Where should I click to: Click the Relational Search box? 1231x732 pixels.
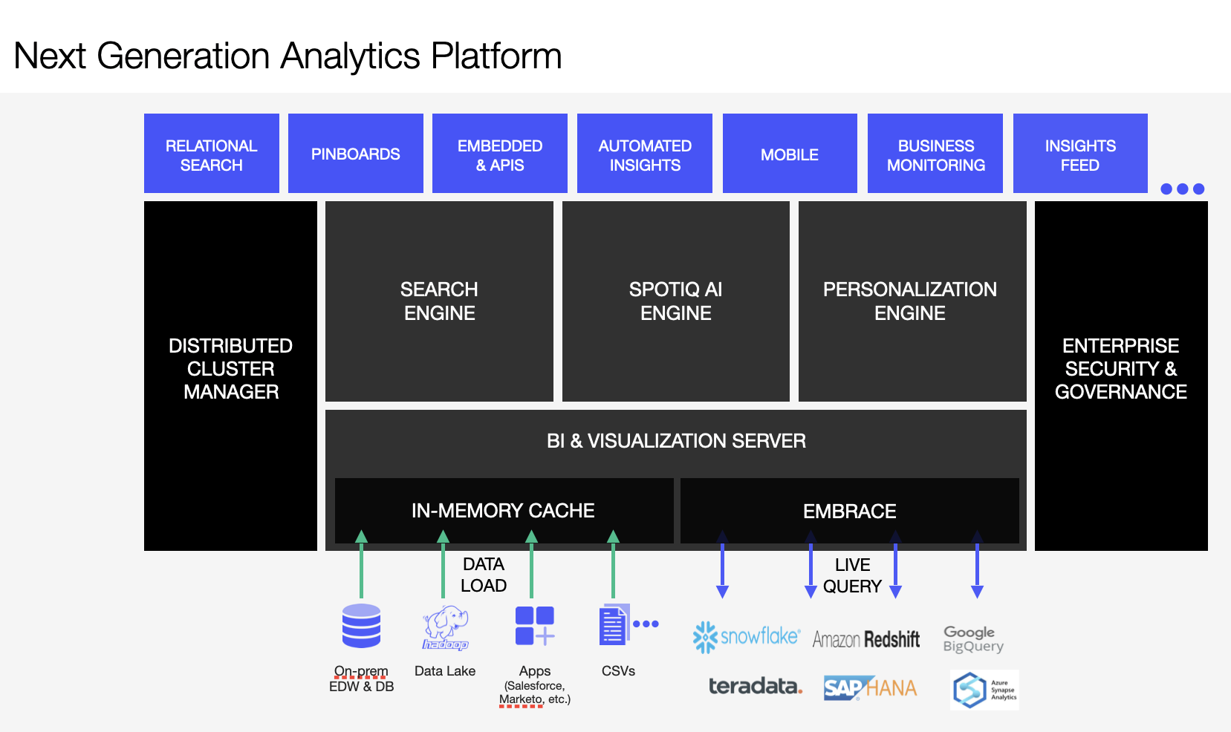click(x=212, y=154)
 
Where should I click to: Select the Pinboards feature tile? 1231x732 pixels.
click(x=356, y=154)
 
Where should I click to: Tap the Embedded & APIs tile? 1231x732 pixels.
click(x=500, y=154)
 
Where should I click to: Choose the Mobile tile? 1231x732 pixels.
click(x=790, y=154)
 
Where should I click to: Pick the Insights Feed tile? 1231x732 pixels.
click(x=1080, y=154)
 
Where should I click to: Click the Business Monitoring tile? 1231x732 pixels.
click(x=935, y=154)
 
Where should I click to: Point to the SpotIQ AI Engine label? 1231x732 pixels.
click(x=675, y=301)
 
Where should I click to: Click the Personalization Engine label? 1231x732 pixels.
click(x=910, y=301)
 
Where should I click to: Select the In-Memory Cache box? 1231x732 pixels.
click(x=504, y=511)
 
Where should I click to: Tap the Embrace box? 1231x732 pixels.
click(x=849, y=511)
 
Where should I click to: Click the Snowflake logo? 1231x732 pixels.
click(x=746, y=637)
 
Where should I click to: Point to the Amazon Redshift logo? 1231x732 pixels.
click(x=866, y=639)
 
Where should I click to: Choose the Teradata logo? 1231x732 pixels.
click(x=755, y=687)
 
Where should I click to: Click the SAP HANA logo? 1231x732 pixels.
click(x=870, y=688)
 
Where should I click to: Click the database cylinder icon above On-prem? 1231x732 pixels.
click(x=362, y=626)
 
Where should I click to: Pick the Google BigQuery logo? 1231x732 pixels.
click(x=973, y=638)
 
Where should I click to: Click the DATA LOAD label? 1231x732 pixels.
click(x=484, y=575)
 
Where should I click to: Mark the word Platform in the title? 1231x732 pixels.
click(x=496, y=56)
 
